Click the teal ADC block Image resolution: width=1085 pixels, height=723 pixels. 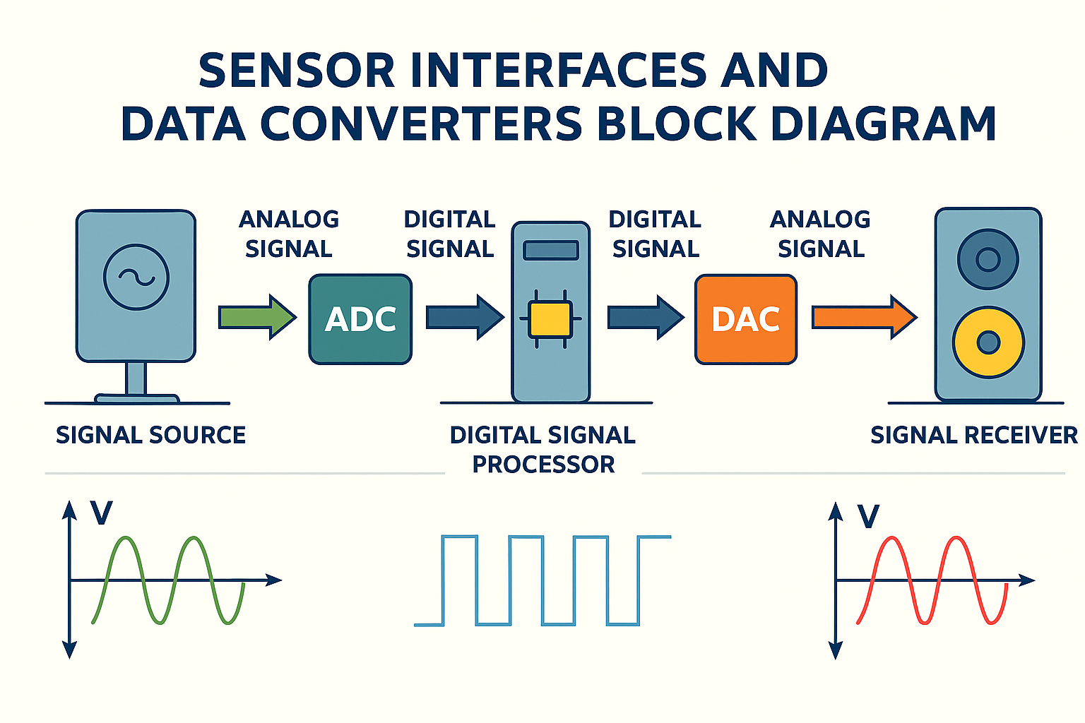360,319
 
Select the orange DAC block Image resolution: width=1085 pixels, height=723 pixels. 746,319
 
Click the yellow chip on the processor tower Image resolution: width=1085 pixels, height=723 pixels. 550,319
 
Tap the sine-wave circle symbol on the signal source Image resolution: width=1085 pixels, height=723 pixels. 136,277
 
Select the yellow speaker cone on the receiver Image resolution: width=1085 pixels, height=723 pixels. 988,342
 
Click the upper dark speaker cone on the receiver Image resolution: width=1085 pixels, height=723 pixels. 988,259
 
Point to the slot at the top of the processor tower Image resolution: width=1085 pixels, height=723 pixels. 550,250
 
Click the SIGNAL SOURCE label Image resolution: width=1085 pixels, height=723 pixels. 150,435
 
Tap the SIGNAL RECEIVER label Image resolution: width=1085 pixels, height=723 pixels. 973,435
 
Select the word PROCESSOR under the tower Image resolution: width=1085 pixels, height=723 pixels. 543,465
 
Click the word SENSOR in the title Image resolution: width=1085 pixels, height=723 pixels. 297,71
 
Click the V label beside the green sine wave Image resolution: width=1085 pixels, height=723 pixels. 101,513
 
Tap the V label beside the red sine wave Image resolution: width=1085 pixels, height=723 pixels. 868,517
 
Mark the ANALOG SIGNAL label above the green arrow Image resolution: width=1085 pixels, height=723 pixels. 289,234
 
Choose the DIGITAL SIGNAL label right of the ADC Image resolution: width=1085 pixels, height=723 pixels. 450,234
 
